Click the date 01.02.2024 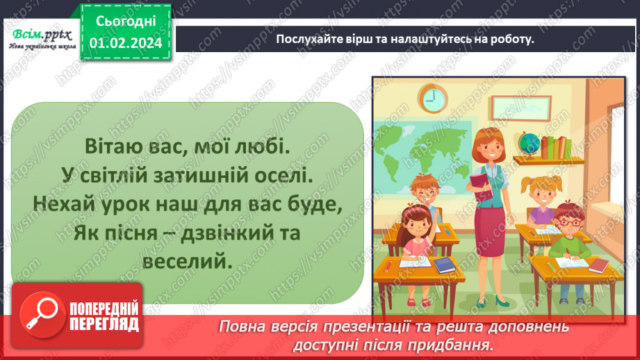(x=124, y=42)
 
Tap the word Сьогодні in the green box (x=124, y=20)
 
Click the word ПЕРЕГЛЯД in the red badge (x=102, y=324)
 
